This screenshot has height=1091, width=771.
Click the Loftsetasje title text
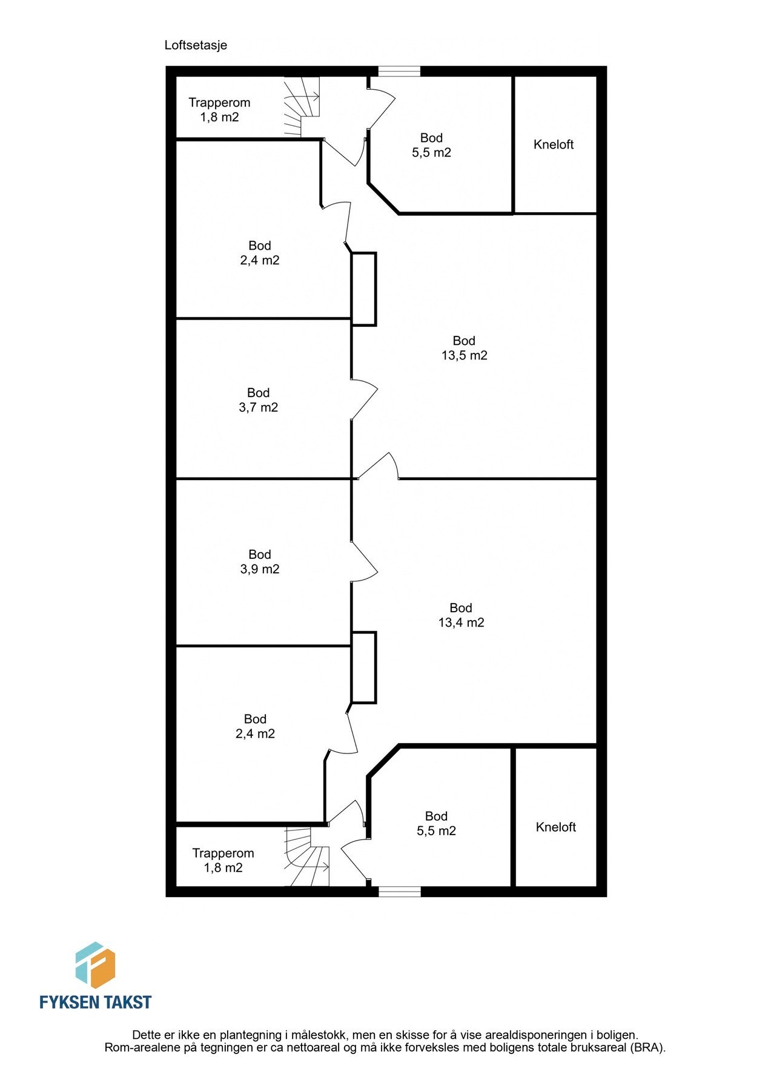[196, 45]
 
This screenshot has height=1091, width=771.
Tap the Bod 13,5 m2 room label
[464, 349]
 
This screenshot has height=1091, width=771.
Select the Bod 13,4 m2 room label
[461, 615]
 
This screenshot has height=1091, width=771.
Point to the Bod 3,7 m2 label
[259, 400]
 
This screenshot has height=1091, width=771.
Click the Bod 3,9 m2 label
[260, 562]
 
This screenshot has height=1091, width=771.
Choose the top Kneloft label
[554, 145]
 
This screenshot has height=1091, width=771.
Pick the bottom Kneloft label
[555, 827]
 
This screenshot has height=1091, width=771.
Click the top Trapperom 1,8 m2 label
[219, 110]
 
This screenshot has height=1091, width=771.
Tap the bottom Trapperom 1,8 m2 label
[223, 861]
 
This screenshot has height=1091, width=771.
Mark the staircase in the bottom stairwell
[307, 857]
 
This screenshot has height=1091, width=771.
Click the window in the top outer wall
[399, 72]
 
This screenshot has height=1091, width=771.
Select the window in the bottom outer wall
[399, 892]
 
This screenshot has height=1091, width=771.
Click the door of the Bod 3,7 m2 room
[363, 399]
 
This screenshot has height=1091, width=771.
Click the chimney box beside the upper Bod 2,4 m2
[364, 289]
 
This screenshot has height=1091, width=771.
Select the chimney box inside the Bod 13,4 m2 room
[364, 667]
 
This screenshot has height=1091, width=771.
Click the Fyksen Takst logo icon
[95, 966]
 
